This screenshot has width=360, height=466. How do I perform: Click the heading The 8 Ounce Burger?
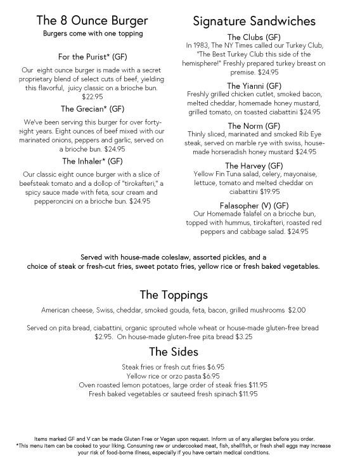click(x=93, y=21)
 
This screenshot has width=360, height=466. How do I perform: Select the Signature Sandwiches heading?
click(x=253, y=21)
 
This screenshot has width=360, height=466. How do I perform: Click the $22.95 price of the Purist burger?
click(x=93, y=96)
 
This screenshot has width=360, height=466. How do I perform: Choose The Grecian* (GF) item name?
click(x=93, y=108)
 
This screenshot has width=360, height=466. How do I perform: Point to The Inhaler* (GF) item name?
click(x=93, y=161)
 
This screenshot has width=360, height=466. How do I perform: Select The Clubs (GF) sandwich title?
click(x=254, y=37)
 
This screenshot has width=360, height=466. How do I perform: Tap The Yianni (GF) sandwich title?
click(x=254, y=86)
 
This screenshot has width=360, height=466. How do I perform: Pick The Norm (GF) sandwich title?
click(x=254, y=126)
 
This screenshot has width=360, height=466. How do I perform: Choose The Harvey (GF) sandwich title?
click(x=254, y=165)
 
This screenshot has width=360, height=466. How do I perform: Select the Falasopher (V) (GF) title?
click(x=254, y=205)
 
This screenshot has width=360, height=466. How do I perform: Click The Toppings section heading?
click(x=174, y=295)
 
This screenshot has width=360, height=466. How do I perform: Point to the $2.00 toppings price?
click(x=297, y=311)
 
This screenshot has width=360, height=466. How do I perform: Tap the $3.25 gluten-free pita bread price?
click(x=241, y=337)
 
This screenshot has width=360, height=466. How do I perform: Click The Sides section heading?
click(x=174, y=352)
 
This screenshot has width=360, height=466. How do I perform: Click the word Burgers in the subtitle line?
click(x=58, y=33)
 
